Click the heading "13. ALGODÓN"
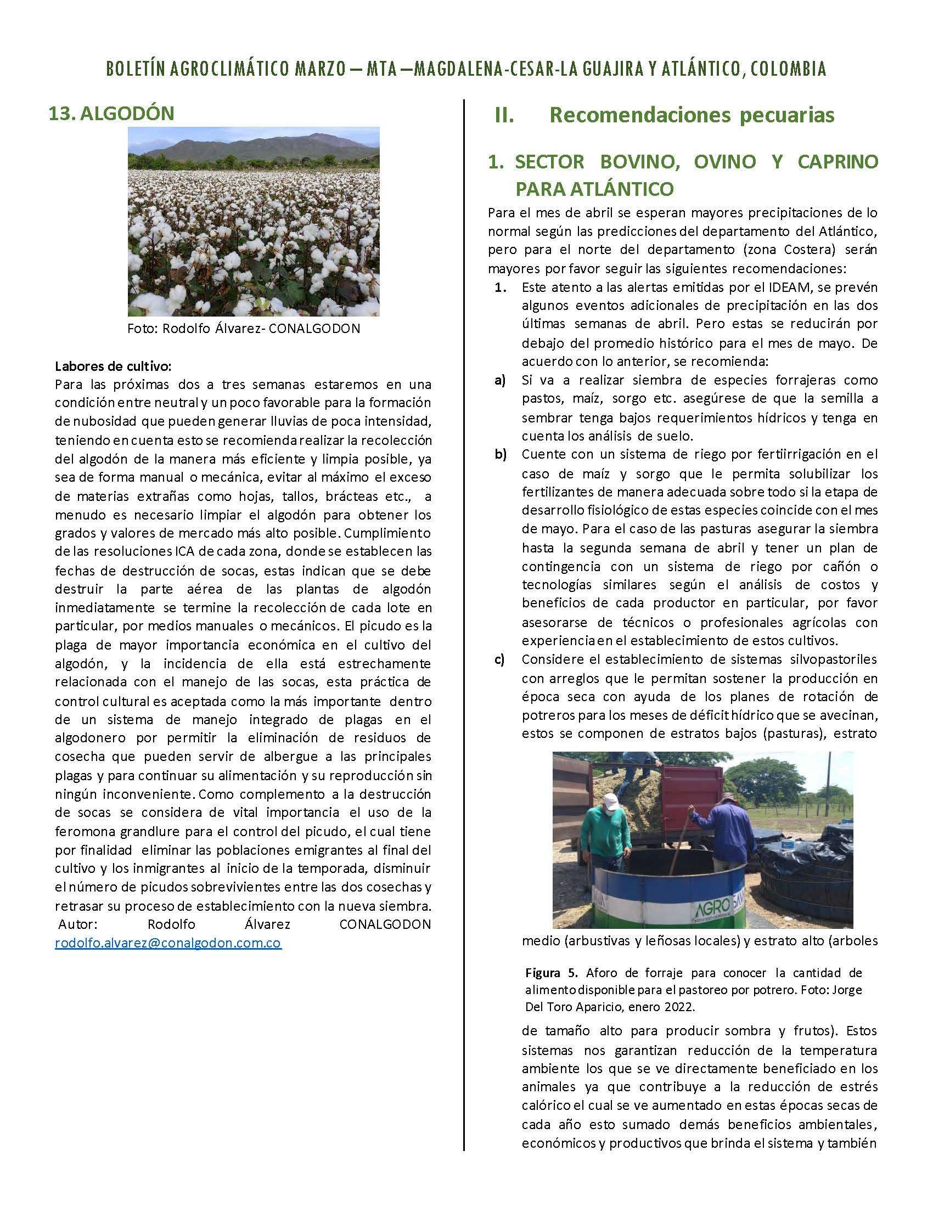click(111, 114)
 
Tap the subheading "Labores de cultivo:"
click(113, 366)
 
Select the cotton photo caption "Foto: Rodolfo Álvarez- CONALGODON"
click(244, 328)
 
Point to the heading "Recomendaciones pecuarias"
click(692, 115)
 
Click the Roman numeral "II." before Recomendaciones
click(504, 116)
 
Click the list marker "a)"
click(500, 380)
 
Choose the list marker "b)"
click(501, 455)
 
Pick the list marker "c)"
click(500, 659)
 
